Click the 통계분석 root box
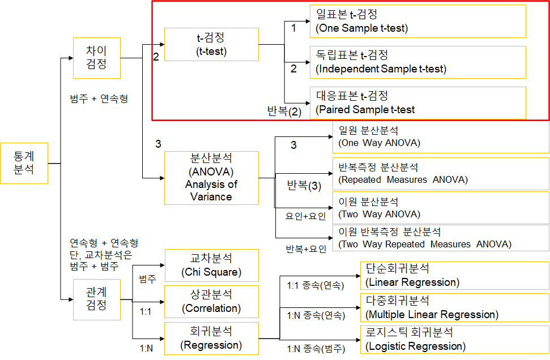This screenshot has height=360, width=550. [x=24, y=163]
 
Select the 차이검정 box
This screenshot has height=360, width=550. [x=97, y=58]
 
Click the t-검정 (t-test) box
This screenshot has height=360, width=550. [x=211, y=45]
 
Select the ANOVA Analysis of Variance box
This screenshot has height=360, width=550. [x=211, y=178]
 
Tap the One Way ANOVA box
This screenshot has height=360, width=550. [x=441, y=137]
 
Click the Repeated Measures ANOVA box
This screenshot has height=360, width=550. [x=441, y=174]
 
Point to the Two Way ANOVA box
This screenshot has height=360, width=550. [x=441, y=208]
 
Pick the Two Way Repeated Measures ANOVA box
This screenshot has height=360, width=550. [x=441, y=238]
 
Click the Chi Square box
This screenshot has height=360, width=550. [x=211, y=265]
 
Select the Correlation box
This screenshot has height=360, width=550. [x=211, y=302]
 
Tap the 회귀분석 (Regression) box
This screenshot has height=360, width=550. [x=211, y=338]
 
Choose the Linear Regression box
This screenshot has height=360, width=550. [x=454, y=275]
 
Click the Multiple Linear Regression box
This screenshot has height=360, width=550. [x=454, y=308]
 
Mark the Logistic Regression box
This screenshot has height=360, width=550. [x=454, y=340]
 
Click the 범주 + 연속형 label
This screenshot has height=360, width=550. [x=99, y=99]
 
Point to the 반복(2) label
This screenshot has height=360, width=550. [x=284, y=112]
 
